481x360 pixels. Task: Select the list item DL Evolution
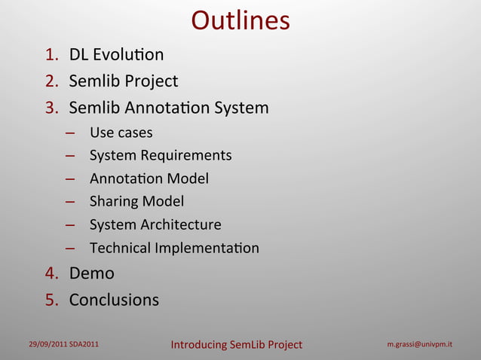coord(116,55)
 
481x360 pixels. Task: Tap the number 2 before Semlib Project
coord(51,81)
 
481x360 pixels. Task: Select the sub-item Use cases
coord(121,133)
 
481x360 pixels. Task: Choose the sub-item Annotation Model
coord(149,179)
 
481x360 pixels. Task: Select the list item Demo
coord(91,273)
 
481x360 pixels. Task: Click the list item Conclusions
coord(114,300)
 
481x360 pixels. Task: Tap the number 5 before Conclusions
coord(51,300)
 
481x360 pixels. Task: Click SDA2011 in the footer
coord(84,345)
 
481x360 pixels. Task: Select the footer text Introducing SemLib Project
coord(236,345)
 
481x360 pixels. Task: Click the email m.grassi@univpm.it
coord(419,345)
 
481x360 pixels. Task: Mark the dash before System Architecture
coord(69,225)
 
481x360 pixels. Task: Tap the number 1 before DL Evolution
coord(51,55)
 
